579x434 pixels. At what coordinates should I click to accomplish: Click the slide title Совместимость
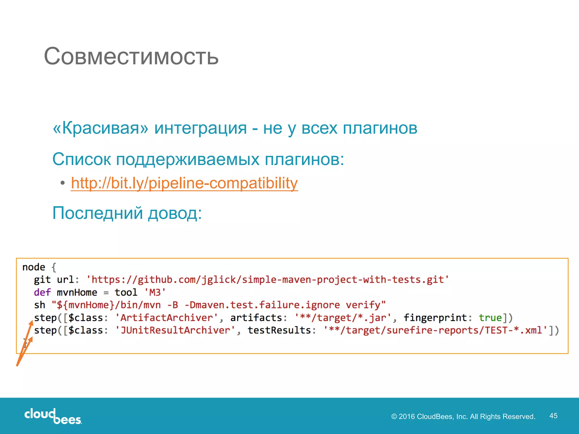131,56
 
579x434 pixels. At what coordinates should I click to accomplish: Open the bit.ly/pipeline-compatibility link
184,183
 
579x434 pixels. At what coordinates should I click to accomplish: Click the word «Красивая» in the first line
101,128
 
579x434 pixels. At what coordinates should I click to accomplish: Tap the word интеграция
200,128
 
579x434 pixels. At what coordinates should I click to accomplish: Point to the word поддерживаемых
188,159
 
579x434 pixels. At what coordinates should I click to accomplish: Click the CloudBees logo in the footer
53,416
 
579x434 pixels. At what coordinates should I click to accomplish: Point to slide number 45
553,416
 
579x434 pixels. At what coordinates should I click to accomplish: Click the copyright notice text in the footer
463,416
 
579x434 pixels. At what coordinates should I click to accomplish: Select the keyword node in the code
34,267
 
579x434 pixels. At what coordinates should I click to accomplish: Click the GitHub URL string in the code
267,280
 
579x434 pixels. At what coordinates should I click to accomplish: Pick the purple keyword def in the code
42,292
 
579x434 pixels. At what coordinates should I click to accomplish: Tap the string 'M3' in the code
155,292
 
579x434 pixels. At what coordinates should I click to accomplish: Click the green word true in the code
490,318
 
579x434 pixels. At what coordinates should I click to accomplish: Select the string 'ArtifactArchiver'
167,318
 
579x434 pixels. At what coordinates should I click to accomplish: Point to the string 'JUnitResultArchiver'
175,330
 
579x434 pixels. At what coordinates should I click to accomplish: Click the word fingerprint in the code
435,318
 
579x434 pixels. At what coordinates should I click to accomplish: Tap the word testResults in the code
279,330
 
